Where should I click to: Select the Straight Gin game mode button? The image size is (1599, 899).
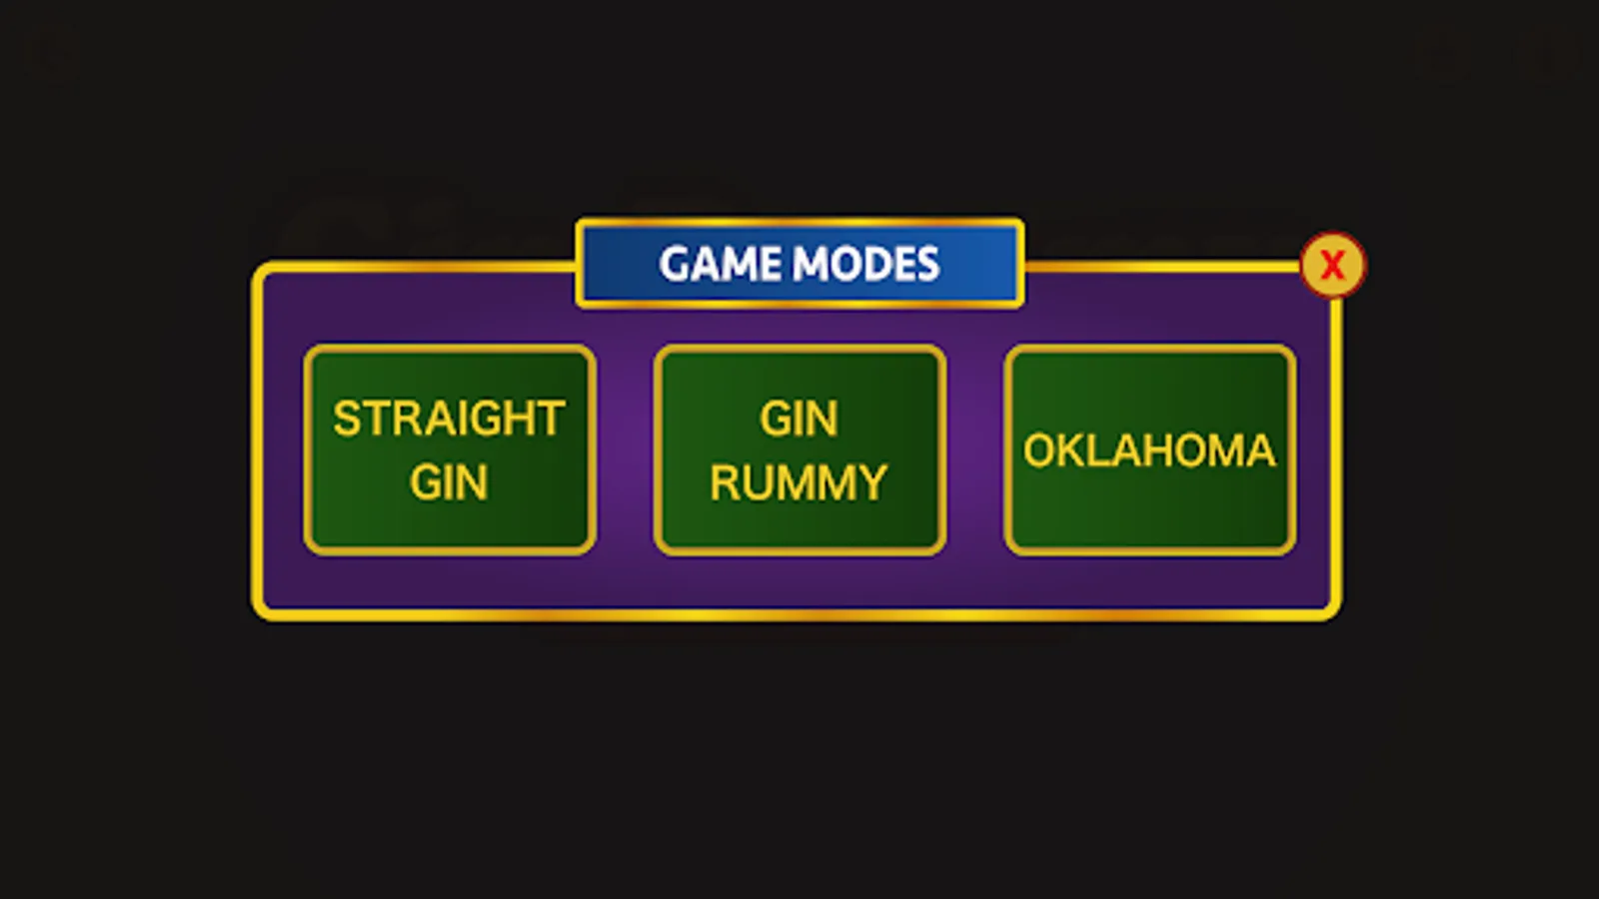click(x=450, y=449)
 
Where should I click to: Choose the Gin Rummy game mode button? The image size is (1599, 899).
click(x=799, y=449)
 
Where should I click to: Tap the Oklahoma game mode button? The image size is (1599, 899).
click(x=1149, y=449)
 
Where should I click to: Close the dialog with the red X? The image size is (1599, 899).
click(x=1333, y=265)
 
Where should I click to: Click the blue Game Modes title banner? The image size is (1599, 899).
click(x=799, y=264)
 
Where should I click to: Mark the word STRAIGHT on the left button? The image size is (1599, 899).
click(x=449, y=419)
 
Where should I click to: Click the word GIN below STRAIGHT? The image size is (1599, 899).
click(x=449, y=481)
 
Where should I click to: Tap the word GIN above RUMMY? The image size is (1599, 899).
click(x=799, y=419)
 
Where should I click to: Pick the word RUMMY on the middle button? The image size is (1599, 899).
click(x=799, y=482)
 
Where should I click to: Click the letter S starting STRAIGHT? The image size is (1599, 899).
click(x=346, y=419)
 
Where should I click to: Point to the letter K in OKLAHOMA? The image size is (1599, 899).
click(x=1068, y=450)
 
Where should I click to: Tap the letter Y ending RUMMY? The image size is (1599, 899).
click(x=873, y=482)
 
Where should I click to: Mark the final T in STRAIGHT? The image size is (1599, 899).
click(x=553, y=419)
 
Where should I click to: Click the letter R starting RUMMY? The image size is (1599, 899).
click(x=724, y=482)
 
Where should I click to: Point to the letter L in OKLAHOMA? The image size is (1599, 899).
click(x=1095, y=450)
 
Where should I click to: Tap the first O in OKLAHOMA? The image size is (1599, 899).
click(x=1038, y=450)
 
